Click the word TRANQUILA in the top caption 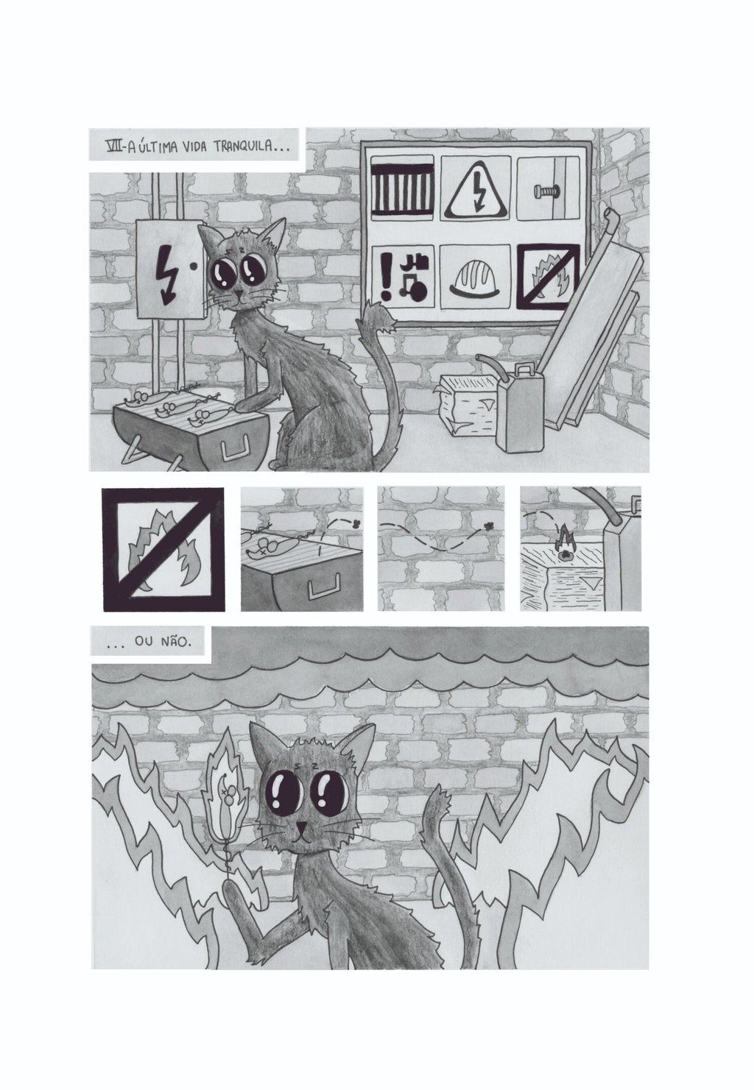point(246,146)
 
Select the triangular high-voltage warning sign point(475,189)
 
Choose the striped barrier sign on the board point(402,189)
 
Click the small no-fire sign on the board point(548,277)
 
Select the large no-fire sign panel point(163,549)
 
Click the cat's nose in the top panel point(239,294)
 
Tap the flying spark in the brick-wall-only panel point(488,525)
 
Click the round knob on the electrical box point(194,266)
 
